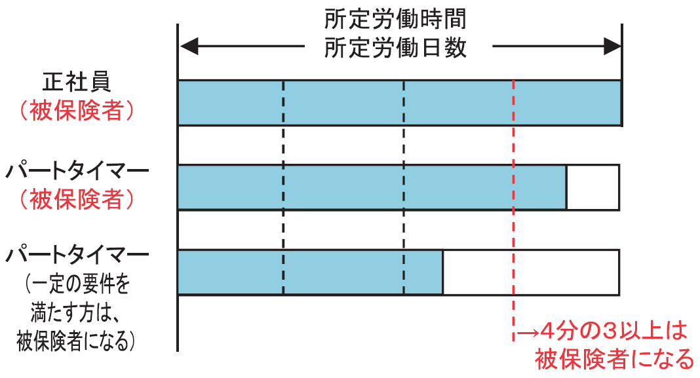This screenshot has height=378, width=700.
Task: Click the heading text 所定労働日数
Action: pos(395,48)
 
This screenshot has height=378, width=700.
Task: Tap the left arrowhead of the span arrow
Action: pos(188,47)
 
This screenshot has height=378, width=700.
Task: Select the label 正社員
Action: pos(77,82)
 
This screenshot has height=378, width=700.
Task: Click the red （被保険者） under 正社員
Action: pos(77,110)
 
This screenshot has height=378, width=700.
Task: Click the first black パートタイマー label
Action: pos(78,172)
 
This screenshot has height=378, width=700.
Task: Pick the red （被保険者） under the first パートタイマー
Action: pos(77,198)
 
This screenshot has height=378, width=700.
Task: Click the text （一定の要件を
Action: pos(78,284)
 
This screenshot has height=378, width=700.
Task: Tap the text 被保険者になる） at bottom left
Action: pos(77,341)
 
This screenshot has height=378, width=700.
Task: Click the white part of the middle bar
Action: pos(593,187)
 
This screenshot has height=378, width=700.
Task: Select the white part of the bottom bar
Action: pos(531,272)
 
